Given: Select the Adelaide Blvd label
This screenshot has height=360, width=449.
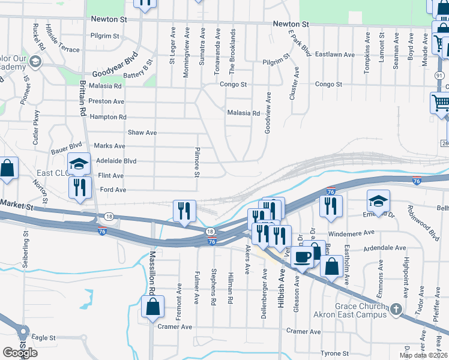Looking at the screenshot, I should tap(116, 161).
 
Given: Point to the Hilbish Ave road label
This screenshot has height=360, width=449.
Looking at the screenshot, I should tap(280, 288).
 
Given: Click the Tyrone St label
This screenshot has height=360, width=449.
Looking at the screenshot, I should tap(335, 353).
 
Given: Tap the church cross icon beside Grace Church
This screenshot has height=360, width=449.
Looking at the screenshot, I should tap(396, 309).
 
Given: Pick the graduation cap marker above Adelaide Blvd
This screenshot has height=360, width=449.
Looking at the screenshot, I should tap(79, 163).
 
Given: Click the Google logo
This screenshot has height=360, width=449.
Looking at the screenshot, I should tap(20, 352).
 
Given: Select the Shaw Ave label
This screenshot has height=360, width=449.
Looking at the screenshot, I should tap(142, 132).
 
